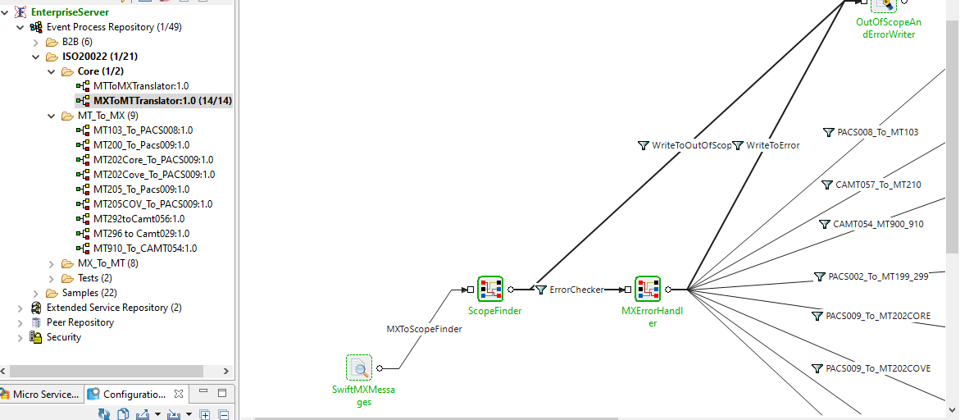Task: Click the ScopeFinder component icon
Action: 490,289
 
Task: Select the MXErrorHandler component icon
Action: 648,289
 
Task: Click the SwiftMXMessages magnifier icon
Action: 359,367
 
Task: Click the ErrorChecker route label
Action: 576,290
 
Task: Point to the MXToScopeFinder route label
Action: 424,329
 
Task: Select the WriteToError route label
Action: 772,145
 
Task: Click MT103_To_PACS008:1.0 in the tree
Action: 143,130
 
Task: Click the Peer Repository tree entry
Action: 80,322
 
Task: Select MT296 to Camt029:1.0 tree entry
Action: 141,234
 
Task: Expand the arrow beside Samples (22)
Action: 35,293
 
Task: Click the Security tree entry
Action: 63,337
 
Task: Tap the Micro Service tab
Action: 46,395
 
